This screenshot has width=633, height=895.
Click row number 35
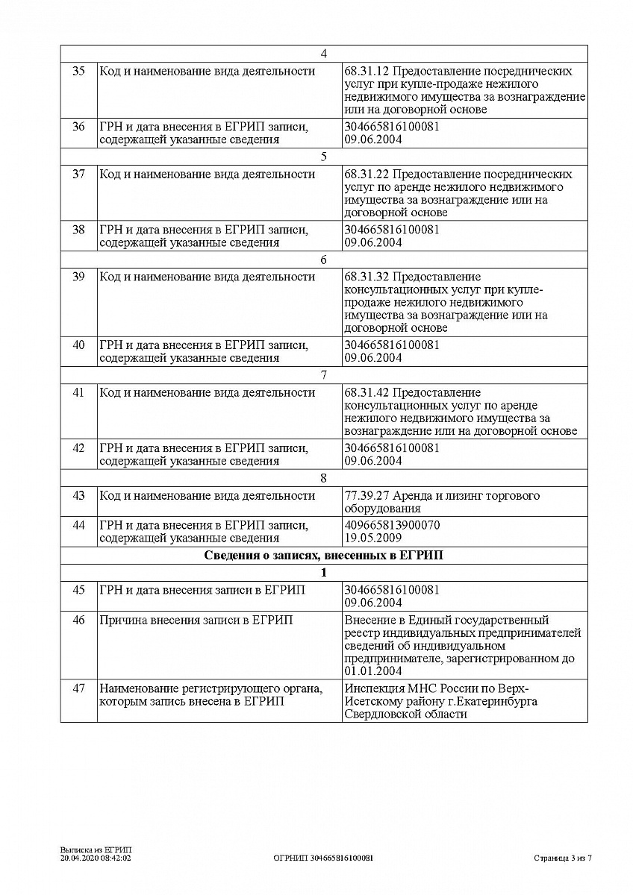click(78, 72)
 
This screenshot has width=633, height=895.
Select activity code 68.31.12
click(367, 72)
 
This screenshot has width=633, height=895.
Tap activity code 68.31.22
click(367, 175)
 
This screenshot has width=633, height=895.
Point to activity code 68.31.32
click(367, 277)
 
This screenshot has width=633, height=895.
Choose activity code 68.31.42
click(367, 393)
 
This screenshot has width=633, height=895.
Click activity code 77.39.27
click(367, 496)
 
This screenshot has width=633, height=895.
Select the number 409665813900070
click(392, 525)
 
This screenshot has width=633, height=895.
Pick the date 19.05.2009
click(373, 538)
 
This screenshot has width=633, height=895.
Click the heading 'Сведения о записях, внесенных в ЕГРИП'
click(323, 556)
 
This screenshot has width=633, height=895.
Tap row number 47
click(78, 688)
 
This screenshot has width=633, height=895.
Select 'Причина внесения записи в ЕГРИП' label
click(196, 620)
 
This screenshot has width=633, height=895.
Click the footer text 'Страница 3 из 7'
click(563, 858)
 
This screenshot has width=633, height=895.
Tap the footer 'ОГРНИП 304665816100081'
click(323, 858)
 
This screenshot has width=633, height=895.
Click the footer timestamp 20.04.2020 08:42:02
click(96, 858)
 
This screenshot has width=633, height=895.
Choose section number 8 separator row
click(323, 479)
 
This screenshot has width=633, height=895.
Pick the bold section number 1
click(323, 573)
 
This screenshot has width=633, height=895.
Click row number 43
click(78, 496)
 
